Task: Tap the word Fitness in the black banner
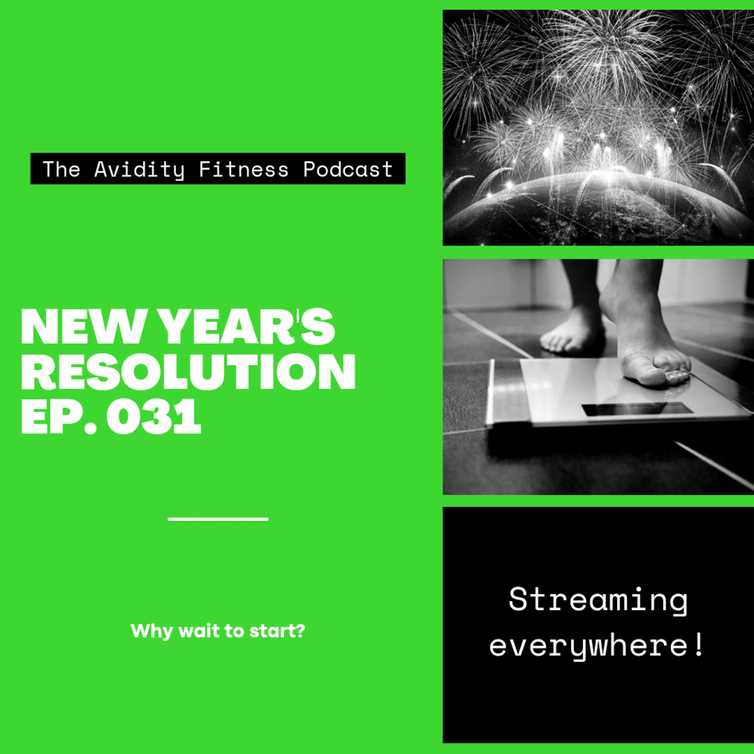[244, 169]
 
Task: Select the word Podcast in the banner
[348, 169]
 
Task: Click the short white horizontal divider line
[218, 519]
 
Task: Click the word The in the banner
[61, 169]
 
